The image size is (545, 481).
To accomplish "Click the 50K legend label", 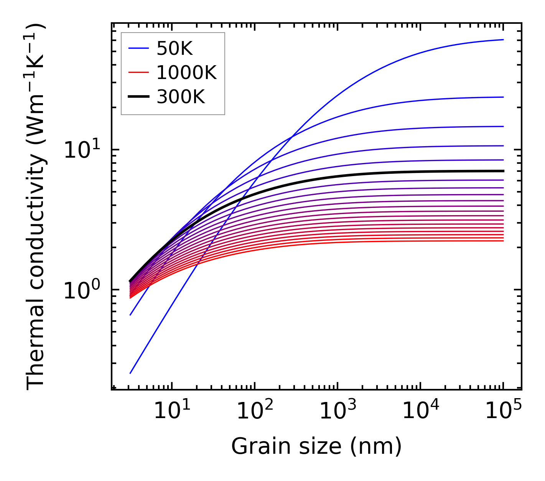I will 174,49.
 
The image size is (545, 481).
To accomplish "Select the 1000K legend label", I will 186,73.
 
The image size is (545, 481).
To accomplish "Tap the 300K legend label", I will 181,97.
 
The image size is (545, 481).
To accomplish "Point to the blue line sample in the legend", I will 138,48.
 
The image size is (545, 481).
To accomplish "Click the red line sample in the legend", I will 138,72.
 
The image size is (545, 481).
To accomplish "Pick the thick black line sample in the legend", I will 138,97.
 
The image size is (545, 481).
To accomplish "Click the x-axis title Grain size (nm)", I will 316,446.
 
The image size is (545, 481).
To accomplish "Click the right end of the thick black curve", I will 503,171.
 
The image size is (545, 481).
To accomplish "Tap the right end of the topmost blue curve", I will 503,40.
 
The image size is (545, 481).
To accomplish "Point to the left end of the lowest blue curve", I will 130,373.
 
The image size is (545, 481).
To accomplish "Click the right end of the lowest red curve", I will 503,240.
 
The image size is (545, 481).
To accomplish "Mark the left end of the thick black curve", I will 130,281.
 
